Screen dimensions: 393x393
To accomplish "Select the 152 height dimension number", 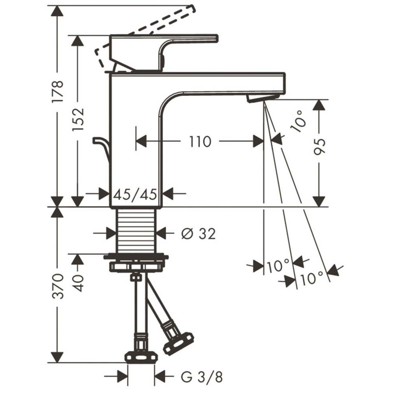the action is click(78, 119).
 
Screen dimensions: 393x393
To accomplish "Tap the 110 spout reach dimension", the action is click(200, 141).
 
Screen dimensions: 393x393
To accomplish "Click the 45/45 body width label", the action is click(135, 194).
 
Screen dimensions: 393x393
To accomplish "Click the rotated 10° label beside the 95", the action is click(298, 121).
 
